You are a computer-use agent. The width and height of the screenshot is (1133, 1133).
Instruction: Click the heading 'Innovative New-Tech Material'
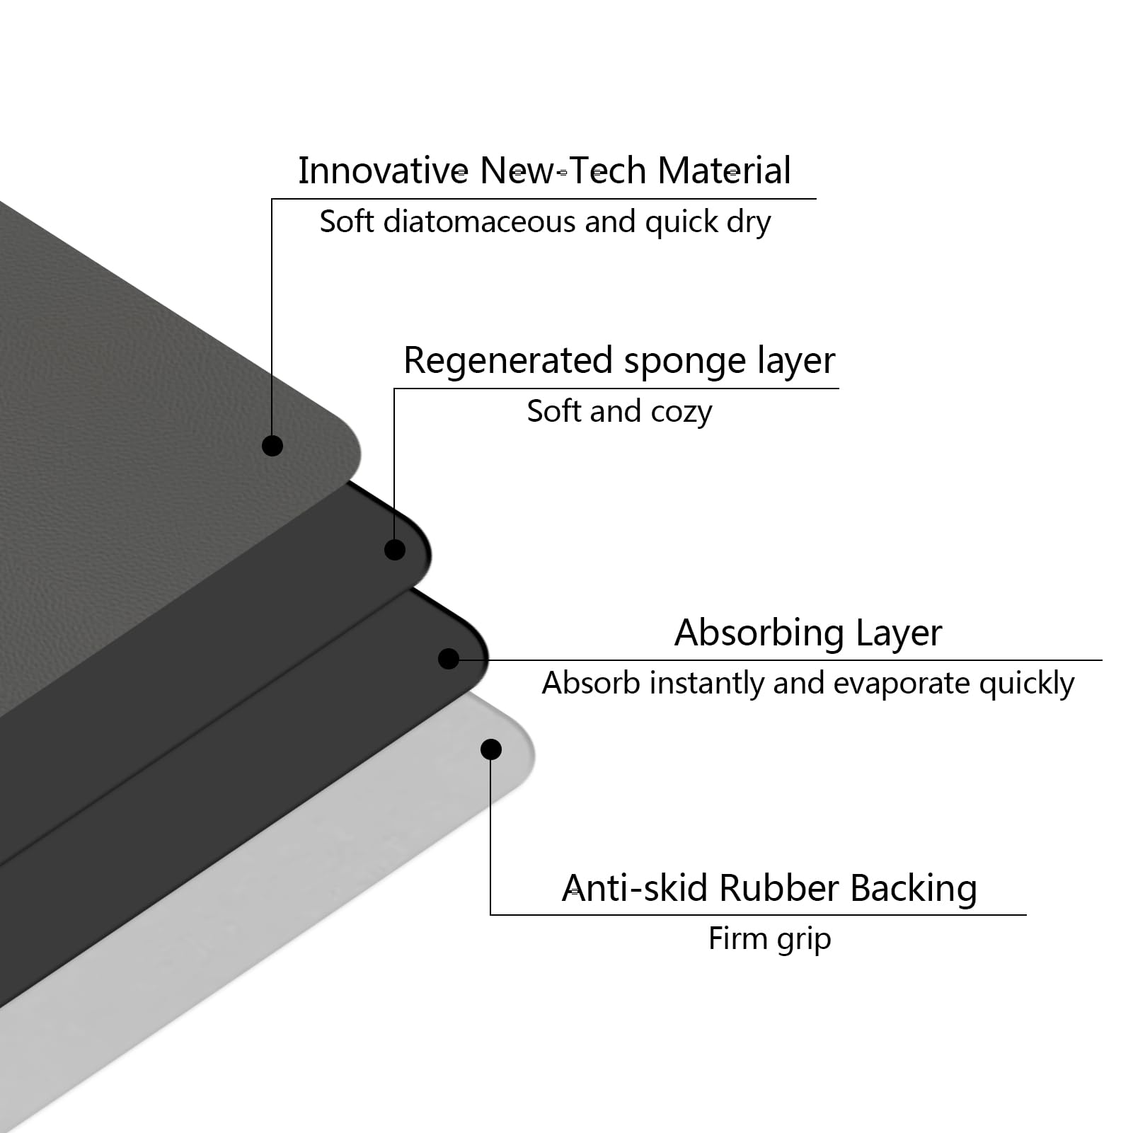544,171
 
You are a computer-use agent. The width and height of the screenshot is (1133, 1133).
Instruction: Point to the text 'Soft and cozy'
619,411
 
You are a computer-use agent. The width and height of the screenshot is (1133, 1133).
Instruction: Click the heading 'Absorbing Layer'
808,633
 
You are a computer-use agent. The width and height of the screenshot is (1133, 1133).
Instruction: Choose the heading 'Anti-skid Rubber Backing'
769,888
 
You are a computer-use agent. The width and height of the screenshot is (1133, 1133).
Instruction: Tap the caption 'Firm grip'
769,940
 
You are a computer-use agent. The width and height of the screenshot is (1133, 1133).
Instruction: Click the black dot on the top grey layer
272,445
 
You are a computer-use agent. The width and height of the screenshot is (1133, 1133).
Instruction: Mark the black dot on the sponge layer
395,549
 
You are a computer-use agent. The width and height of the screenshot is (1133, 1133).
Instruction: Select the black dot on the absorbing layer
449,659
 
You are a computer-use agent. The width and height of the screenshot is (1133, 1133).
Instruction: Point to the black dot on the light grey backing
491,749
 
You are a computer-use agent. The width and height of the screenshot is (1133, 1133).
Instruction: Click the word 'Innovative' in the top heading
383,171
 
